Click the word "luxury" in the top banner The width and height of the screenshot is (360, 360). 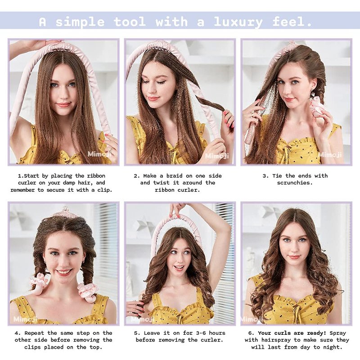click(x=238, y=22)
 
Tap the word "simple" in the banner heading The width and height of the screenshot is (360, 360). click(x=80, y=22)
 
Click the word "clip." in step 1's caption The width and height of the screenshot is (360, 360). click(x=105, y=190)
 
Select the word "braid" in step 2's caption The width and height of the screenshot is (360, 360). click(x=175, y=176)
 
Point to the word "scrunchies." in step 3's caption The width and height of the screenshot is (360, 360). click(x=295, y=183)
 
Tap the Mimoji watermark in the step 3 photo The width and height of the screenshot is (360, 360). click(x=330, y=155)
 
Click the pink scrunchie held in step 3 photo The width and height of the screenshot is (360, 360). click(x=317, y=108)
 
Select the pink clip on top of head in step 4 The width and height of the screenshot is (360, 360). click(x=65, y=210)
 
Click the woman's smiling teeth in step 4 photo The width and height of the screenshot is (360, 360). click(x=64, y=272)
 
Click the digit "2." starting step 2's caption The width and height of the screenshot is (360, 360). click(x=137, y=176)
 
